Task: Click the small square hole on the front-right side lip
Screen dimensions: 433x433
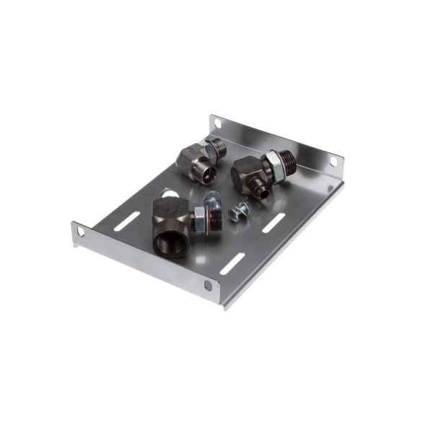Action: pyautogui.click(x=209, y=285)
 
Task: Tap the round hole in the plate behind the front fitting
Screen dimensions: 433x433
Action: pyautogui.click(x=167, y=192)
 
